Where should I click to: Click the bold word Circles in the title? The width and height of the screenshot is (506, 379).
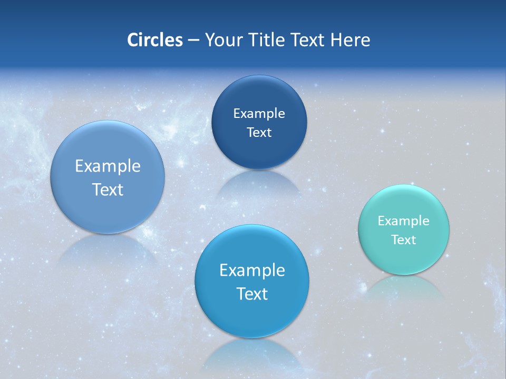(154, 40)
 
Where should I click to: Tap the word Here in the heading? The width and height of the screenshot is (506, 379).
(351, 40)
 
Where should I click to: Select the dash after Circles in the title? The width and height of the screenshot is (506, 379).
(193, 41)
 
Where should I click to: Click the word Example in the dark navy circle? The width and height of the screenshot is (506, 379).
(259, 113)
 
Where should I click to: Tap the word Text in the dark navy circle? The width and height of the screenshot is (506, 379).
(259, 132)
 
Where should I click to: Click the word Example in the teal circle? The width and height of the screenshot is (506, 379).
(404, 221)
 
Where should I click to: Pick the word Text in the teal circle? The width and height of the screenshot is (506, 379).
(404, 240)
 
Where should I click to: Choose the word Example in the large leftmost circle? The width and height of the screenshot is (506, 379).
(108, 166)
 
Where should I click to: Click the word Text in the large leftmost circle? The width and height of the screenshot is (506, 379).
(108, 189)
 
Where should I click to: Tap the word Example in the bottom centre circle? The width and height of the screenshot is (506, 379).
(252, 270)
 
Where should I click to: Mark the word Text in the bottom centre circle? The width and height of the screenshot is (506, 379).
(252, 294)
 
